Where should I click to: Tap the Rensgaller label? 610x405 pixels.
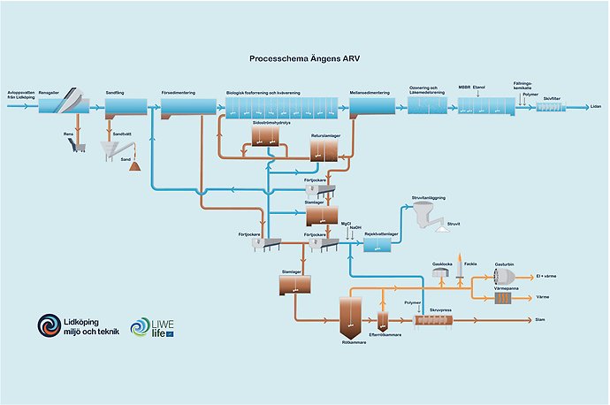[51, 91]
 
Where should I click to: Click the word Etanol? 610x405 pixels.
[480, 88]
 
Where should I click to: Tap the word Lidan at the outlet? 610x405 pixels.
[596, 105]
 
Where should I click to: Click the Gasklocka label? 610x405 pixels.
[441, 264]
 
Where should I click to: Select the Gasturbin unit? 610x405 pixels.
[504, 276]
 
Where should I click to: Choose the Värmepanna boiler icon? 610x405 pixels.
[505, 298]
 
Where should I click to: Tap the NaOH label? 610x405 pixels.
[355, 228]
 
